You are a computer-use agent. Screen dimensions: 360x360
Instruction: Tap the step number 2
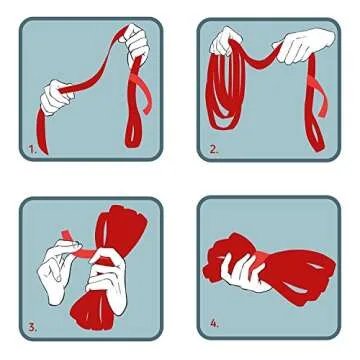coord(212,152)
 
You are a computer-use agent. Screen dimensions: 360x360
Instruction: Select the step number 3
coord(31,326)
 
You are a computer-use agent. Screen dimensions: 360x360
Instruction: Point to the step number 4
coord(214,325)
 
